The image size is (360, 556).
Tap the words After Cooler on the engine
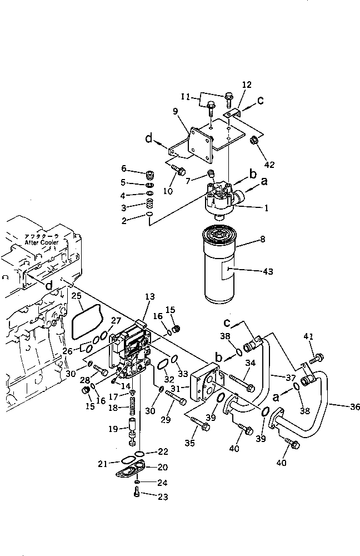[x=42, y=243]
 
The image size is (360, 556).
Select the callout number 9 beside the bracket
[x=175, y=111]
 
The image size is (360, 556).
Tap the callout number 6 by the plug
[x=124, y=169]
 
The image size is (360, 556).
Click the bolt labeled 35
[x=202, y=426]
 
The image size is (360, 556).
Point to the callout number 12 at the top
[x=247, y=85]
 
